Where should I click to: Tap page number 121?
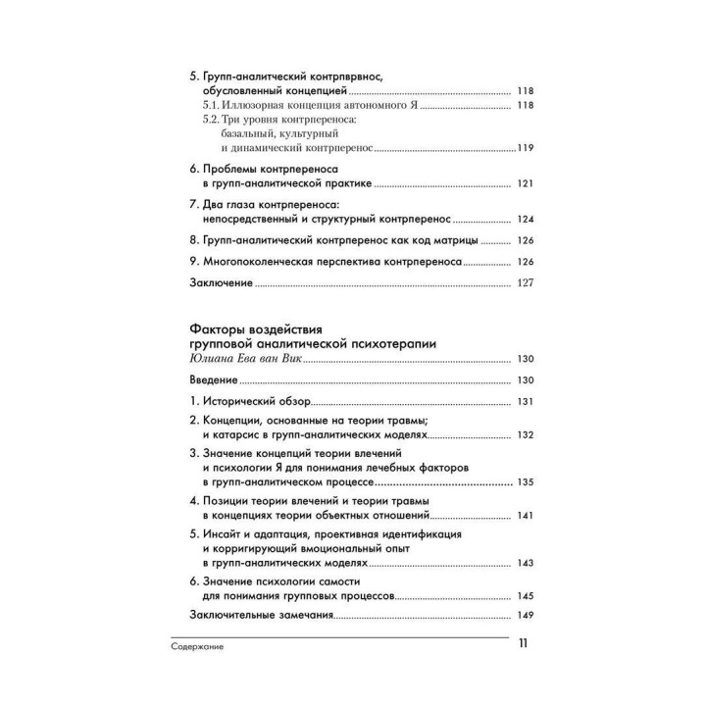point(524,183)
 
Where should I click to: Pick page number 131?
point(524,402)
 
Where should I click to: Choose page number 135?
point(524,482)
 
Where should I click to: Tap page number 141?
point(524,515)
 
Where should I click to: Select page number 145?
point(524,595)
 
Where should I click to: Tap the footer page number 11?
point(523,644)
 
